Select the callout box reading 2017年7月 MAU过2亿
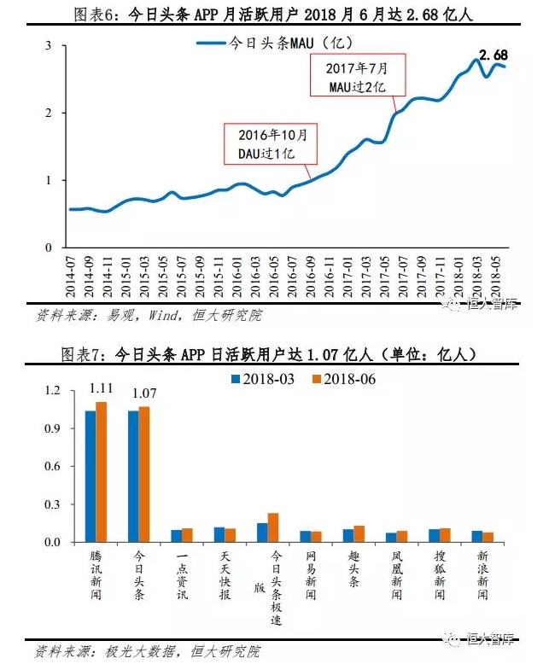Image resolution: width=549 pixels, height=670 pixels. (357, 76)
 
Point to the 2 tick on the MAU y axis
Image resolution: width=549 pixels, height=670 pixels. (50, 113)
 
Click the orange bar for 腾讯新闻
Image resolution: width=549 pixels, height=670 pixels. (101, 471)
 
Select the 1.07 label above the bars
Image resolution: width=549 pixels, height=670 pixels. (143, 394)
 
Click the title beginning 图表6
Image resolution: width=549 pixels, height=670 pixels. (274, 14)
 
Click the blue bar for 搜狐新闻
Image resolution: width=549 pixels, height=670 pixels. (434, 535)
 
